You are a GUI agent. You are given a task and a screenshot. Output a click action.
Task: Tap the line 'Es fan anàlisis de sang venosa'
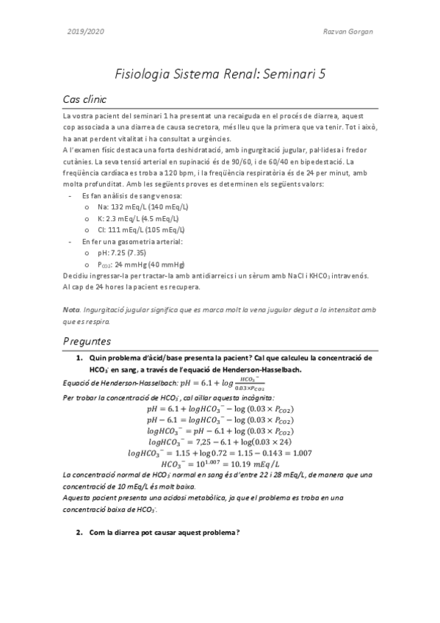(127, 197)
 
